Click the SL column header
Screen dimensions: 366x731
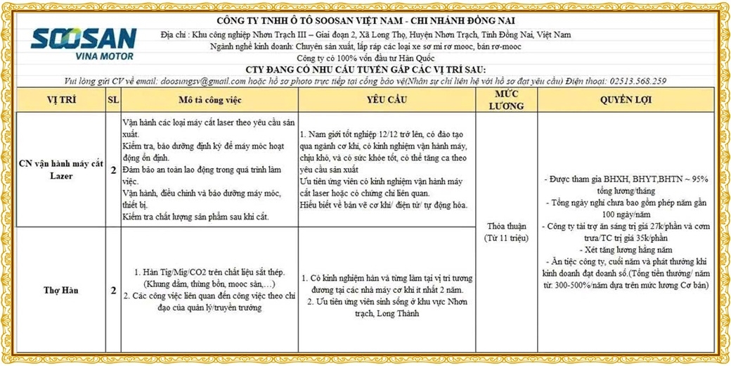tap(113, 99)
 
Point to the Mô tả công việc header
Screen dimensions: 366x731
tap(209, 99)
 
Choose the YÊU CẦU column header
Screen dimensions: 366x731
tap(387, 99)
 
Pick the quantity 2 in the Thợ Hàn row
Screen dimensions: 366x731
tap(113, 289)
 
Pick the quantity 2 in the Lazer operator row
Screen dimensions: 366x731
tap(113, 170)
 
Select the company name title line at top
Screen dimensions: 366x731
tap(365, 20)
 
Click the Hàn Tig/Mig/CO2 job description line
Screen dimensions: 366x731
tap(209, 272)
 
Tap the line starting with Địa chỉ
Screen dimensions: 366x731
tap(365, 34)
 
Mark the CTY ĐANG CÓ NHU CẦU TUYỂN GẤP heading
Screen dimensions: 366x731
tap(365, 70)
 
